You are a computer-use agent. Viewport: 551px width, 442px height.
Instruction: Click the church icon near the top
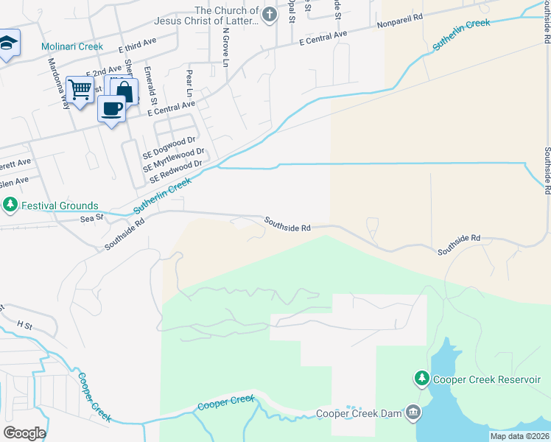tap(270, 14)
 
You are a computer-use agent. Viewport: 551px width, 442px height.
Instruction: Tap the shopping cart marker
tap(80, 90)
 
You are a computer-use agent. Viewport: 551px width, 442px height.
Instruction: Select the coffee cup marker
tap(111, 109)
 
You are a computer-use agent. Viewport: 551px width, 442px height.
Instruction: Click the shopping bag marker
tap(123, 91)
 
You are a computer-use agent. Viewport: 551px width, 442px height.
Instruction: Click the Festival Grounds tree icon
tap(10, 205)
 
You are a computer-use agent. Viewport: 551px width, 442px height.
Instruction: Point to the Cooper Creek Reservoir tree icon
tap(421, 379)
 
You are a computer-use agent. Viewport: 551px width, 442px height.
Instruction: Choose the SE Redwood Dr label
tap(175, 173)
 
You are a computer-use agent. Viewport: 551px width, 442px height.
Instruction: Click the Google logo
tap(24, 433)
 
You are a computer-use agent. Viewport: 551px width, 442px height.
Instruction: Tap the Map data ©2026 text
tap(519, 436)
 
